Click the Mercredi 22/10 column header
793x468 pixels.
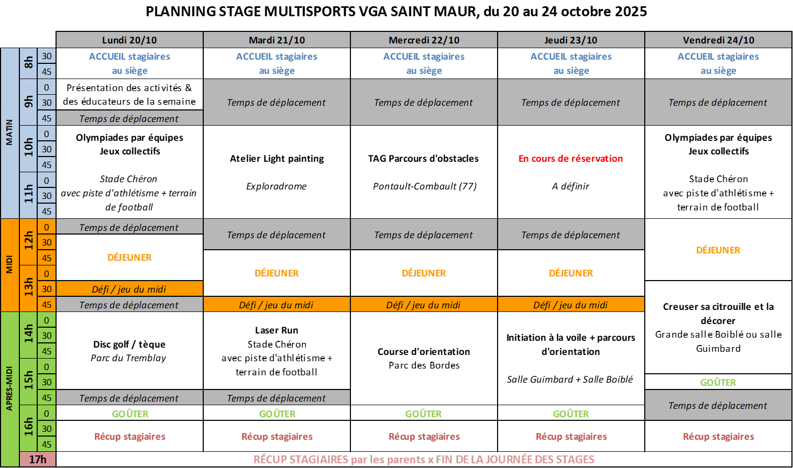[424, 40]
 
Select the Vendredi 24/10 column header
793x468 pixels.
[718, 40]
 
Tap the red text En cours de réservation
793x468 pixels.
[571, 159]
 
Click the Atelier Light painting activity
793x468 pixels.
[277, 159]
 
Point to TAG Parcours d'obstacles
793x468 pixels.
[423, 159]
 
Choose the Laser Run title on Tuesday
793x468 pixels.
[277, 330]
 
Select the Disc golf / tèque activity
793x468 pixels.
[129, 344]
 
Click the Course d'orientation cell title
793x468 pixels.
[424, 352]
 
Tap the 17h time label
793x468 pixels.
[38, 459]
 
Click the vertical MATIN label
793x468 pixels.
[9, 132]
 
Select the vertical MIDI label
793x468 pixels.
[9, 264]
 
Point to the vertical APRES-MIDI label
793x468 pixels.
[9, 388]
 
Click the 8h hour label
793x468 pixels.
[28, 63]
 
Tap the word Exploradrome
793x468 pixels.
[277, 186]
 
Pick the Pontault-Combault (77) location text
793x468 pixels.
[424, 186]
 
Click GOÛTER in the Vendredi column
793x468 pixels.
[718, 382]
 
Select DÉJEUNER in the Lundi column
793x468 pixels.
[129, 257]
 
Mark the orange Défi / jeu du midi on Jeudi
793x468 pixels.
[570, 305]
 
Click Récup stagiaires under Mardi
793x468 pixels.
[277, 437]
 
